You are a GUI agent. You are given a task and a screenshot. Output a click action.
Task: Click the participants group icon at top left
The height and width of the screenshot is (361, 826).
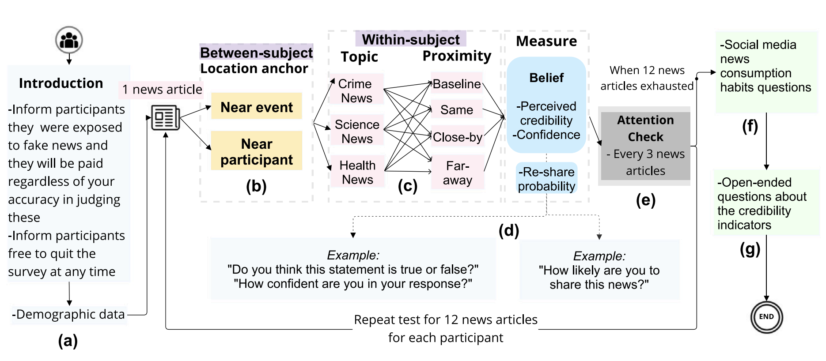(x=69, y=40)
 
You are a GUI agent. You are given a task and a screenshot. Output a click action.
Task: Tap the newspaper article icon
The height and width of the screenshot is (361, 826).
(x=165, y=118)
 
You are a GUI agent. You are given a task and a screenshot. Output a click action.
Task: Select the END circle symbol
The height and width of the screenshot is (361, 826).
(x=766, y=317)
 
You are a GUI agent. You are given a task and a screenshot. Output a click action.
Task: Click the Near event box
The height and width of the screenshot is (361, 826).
(x=257, y=107)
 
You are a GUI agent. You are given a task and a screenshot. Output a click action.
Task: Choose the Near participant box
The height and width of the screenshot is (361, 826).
(x=257, y=151)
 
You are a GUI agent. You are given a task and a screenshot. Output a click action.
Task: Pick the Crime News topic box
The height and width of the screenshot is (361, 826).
(x=356, y=90)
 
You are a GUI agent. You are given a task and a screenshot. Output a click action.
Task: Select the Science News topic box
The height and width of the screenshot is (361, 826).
(x=357, y=131)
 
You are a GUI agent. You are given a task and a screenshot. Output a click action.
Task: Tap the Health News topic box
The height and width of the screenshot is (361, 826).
(x=357, y=172)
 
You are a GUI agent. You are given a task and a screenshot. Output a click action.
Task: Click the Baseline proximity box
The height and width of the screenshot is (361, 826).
(x=457, y=84)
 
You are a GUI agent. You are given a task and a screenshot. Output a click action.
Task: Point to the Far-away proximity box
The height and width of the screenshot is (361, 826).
(x=458, y=173)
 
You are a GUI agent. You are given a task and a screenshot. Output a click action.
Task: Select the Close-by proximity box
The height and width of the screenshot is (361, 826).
(x=458, y=137)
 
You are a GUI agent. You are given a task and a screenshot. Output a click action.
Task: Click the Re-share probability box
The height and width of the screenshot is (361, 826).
(x=546, y=179)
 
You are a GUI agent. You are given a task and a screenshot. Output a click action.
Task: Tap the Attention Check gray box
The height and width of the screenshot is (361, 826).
(x=645, y=146)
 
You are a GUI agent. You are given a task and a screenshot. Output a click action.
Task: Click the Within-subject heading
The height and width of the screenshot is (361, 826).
(x=411, y=39)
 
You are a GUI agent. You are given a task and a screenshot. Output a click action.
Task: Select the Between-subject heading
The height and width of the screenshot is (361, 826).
(x=256, y=53)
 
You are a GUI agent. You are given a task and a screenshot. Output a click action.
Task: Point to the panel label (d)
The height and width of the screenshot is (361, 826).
(x=509, y=230)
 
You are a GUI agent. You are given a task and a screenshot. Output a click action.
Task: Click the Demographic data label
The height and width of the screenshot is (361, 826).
(x=69, y=314)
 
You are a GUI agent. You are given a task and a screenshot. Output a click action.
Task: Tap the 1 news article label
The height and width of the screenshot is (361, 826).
(x=162, y=90)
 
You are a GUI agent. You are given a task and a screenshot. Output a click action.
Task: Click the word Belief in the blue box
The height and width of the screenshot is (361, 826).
(x=546, y=78)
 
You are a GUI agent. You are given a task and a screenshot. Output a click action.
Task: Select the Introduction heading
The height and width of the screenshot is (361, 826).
(x=61, y=83)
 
